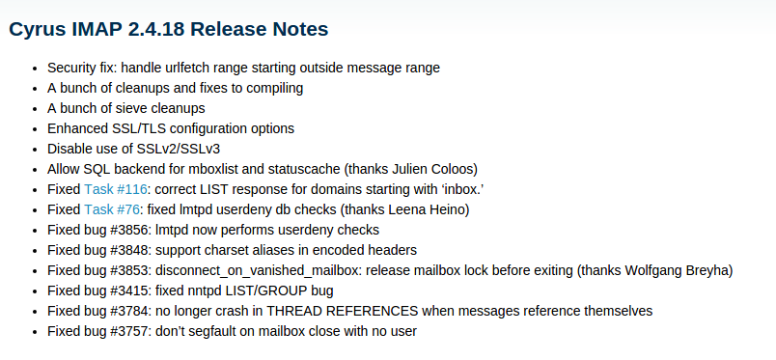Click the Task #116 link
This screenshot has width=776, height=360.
click(x=115, y=189)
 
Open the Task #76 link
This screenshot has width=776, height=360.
click(x=111, y=209)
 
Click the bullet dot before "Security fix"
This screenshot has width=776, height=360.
click(x=35, y=69)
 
